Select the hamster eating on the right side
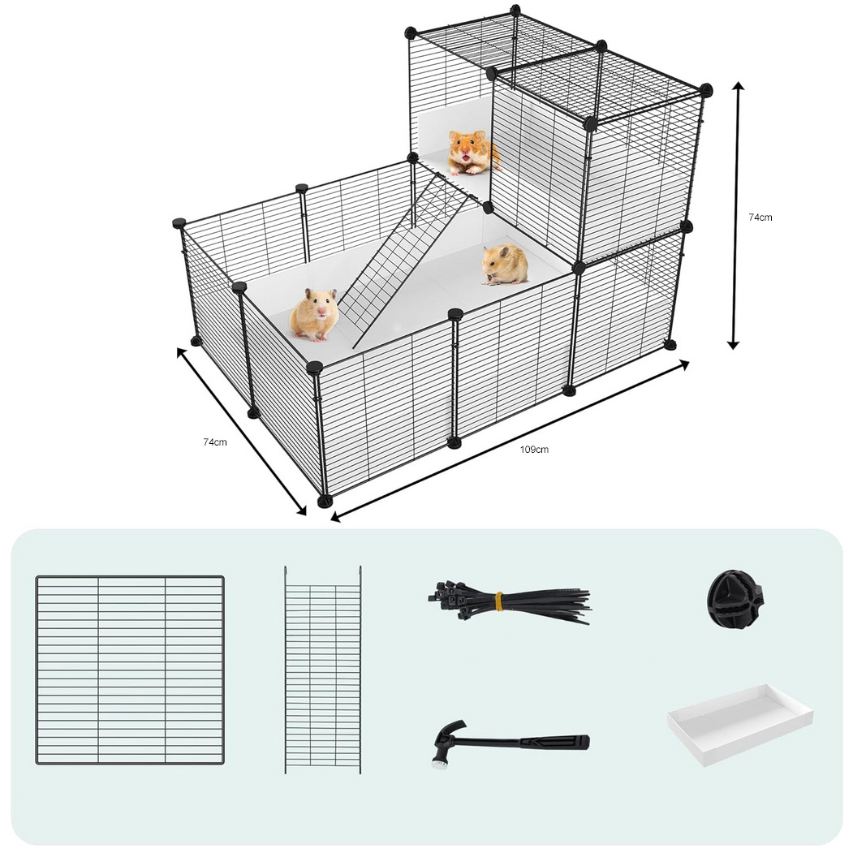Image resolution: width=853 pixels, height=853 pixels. (504, 265)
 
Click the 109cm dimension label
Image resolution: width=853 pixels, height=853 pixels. (534, 450)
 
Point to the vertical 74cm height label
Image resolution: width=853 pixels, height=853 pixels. (760, 217)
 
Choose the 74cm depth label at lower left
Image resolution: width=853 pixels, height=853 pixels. (215, 442)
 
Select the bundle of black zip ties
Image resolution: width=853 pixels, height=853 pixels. (509, 603)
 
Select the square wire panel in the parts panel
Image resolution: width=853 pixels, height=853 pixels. (130, 670)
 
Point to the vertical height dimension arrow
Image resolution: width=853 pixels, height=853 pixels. (735, 216)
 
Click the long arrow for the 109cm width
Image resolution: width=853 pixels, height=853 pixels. (510, 442)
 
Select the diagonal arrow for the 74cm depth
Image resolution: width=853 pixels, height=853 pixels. (242, 431)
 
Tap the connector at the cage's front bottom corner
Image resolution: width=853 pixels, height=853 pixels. (324, 501)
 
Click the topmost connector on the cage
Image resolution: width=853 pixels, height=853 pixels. (515, 10)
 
